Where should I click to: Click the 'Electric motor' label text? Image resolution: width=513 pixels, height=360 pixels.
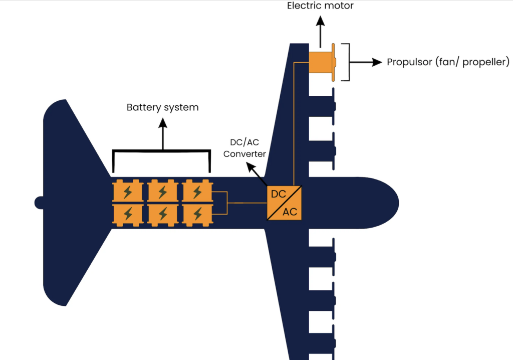point(320,6)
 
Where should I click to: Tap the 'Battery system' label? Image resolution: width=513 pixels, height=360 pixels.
point(163,107)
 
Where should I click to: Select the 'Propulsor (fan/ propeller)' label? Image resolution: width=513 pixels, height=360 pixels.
point(448,62)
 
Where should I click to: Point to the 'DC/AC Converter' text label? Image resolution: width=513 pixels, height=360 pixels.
point(244,148)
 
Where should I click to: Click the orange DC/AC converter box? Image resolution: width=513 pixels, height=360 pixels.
point(284,203)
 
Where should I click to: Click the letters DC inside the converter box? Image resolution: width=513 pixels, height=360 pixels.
point(279,194)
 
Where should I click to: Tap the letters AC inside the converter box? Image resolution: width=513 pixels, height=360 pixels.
point(290,212)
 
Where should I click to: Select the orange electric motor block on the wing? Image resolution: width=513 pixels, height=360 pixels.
point(320,62)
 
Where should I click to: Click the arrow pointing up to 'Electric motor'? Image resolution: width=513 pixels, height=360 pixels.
point(320,32)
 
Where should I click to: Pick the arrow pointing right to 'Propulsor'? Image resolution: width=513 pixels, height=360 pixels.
point(366,62)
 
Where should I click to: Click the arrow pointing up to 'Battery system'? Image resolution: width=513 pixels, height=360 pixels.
point(163,134)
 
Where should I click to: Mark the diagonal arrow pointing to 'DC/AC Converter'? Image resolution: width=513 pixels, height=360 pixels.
point(256,174)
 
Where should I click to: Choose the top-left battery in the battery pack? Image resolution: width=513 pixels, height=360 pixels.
point(128,192)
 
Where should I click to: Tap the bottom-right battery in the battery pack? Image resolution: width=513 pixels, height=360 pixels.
point(197,215)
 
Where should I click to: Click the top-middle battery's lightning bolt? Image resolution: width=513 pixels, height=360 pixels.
point(163,192)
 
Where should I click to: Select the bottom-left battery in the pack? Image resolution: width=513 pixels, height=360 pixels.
point(128,215)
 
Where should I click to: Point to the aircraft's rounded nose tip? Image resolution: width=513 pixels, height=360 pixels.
point(398,203)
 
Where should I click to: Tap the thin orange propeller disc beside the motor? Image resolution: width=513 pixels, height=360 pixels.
point(333,62)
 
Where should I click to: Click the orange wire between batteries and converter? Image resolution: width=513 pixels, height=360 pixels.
point(246,203)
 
